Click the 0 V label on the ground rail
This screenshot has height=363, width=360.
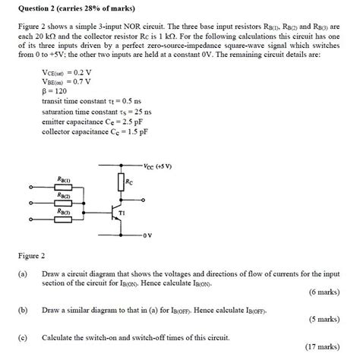click(x=147, y=234)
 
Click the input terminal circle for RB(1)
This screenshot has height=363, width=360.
click(x=31, y=188)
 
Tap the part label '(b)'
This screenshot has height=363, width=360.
click(x=24, y=309)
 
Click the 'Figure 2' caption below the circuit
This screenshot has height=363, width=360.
click(x=31, y=255)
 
